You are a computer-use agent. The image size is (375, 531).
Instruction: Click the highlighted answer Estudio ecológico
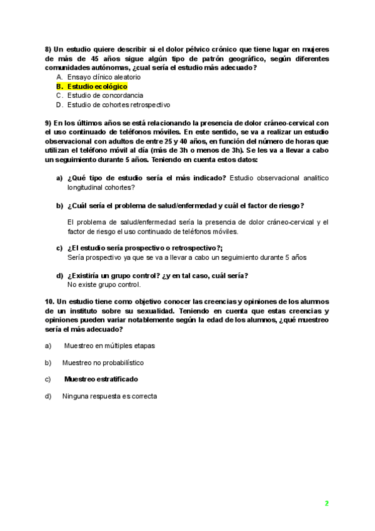97,86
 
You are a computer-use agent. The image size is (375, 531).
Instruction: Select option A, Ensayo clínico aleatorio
104,76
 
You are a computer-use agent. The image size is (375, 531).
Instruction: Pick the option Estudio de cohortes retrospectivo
119,105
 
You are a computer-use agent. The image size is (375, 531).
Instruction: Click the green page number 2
326,503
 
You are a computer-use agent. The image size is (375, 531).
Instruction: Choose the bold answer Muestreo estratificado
101,379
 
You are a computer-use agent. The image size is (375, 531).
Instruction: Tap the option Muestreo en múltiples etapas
109,345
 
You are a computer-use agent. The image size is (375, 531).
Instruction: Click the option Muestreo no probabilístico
102,362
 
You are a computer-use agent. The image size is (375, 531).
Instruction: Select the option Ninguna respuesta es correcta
109,396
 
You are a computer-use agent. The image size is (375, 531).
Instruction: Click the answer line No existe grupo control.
104,284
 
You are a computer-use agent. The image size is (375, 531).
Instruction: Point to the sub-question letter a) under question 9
59,178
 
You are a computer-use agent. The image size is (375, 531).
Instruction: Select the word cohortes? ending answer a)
119,187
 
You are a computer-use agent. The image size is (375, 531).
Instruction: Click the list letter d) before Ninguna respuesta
48,396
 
